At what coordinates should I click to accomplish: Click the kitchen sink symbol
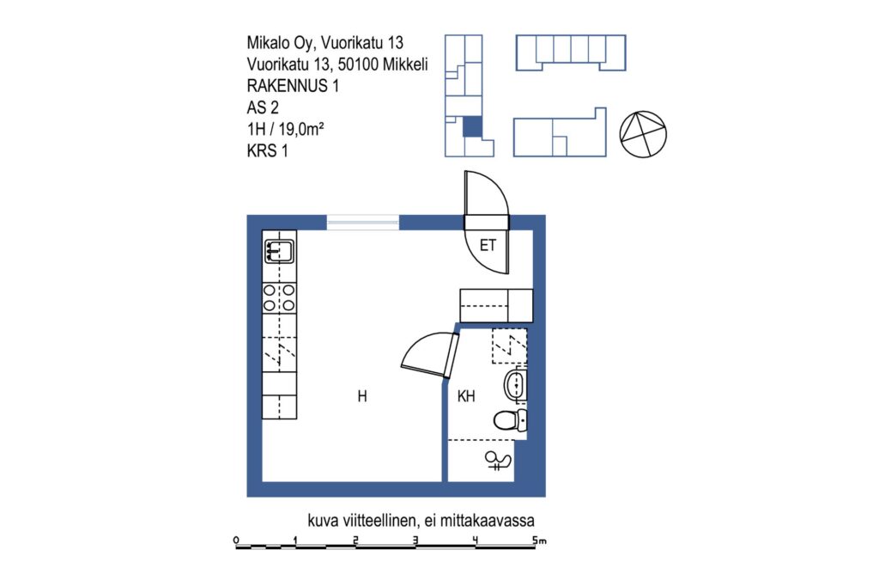coord(279,251)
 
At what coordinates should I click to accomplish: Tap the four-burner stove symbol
coord(279,298)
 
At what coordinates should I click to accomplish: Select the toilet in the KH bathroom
coord(510,419)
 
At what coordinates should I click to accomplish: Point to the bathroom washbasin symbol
coord(515,385)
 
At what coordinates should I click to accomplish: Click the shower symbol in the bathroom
coord(498,461)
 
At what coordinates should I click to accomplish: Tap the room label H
coord(362,396)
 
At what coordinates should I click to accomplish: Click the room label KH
coord(466,396)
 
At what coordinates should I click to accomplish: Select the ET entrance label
coord(488,245)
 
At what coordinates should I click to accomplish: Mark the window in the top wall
coord(363,223)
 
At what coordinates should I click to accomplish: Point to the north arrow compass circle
coord(643,134)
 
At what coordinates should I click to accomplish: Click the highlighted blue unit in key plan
coord(472,126)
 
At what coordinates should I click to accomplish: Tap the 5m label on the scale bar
coord(539,541)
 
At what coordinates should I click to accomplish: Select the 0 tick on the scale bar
coord(236,541)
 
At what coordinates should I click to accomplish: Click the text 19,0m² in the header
coord(301,129)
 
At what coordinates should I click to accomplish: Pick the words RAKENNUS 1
coord(293,86)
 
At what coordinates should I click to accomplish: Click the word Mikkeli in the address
coord(405,64)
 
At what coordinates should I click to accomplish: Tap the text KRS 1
coord(268,151)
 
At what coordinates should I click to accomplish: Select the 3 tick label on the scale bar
coord(415,541)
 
